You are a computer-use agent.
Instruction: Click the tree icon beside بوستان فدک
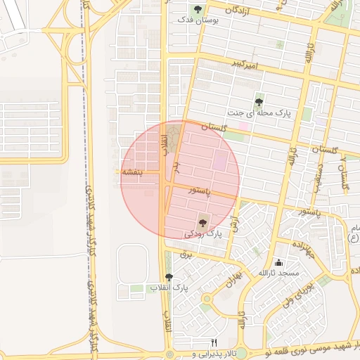(x=198, y=10)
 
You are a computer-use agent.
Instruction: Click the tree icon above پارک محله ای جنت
(x=259, y=102)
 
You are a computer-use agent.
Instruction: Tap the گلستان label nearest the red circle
(x=214, y=127)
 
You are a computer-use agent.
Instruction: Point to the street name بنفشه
(x=131, y=172)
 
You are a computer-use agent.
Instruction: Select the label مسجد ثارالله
(x=278, y=273)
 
